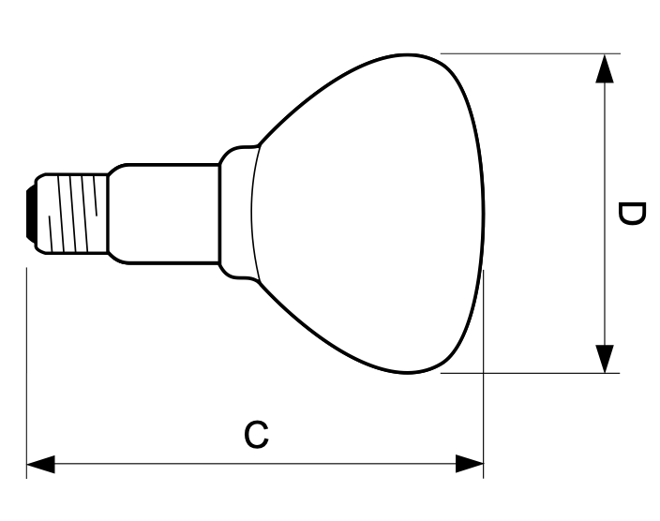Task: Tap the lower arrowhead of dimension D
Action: tap(606, 357)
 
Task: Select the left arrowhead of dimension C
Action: tap(40, 463)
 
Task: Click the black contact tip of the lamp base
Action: tap(32, 212)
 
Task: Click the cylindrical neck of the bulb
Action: tap(164, 213)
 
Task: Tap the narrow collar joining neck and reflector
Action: tap(238, 213)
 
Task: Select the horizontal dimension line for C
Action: tap(254, 463)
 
